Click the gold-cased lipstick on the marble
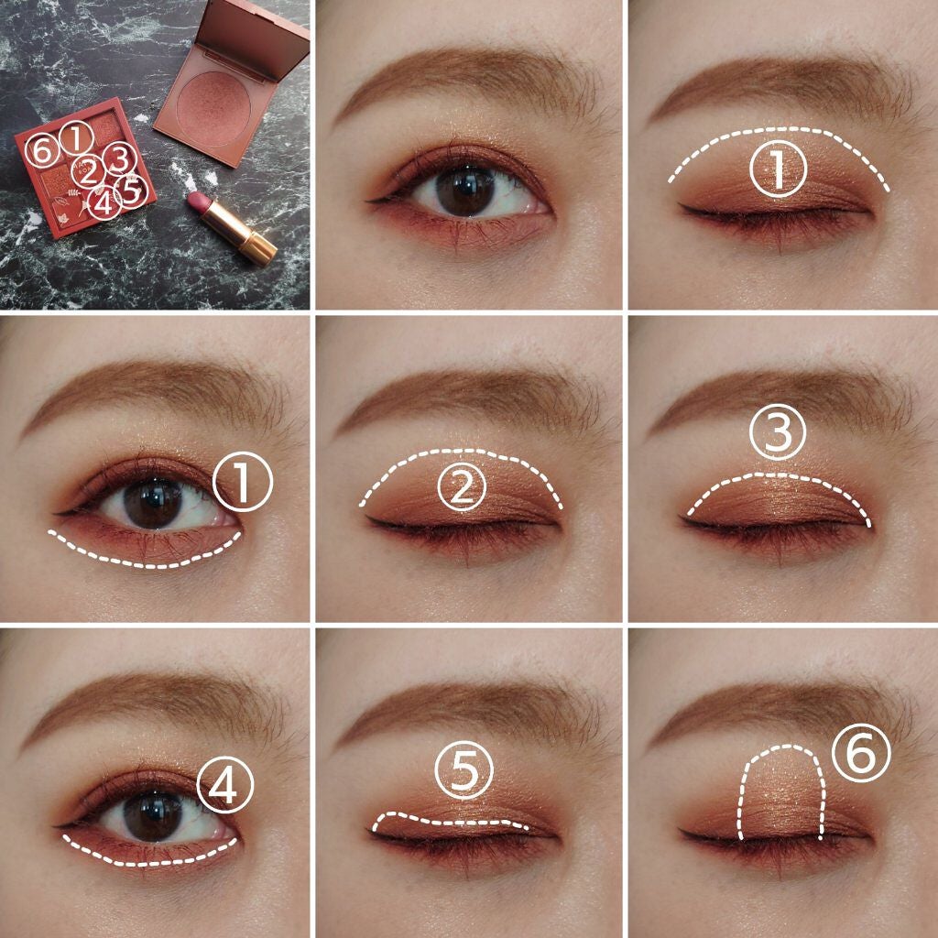point(232,228)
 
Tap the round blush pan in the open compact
point(213,108)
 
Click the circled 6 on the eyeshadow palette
point(42,150)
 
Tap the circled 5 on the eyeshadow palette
point(132,191)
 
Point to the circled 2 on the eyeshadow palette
point(88,172)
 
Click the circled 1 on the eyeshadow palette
point(76,138)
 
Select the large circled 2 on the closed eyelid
point(462,489)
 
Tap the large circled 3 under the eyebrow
point(778,432)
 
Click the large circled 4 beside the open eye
point(225,784)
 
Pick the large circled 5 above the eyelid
point(464,769)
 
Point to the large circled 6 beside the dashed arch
point(861,753)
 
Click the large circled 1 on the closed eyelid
point(778,169)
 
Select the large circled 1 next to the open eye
point(243,482)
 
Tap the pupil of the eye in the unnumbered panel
point(465,191)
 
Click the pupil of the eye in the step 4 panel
point(153,817)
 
